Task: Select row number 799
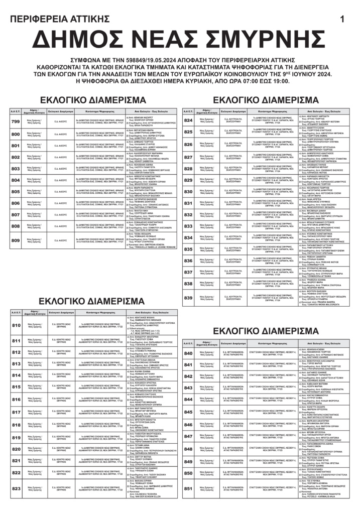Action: pyautogui.click(x=16, y=122)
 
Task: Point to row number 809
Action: pyautogui.click(x=16, y=240)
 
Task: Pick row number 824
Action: pyautogui.click(x=188, y=121)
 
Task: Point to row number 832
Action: pyautogui.click(x=188, y=214)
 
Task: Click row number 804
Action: pyautogui.click(x=16, y=180)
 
